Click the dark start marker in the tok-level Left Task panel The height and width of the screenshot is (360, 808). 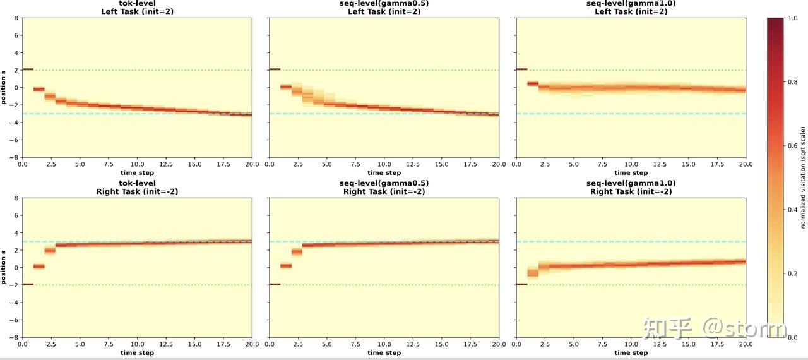pyautogui.click(x=28, y=69)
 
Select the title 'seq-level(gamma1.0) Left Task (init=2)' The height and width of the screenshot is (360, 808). pyautogui.click(x=631, y=8)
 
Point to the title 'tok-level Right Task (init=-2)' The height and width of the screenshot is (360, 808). pyautogui.click(x=136, y=188)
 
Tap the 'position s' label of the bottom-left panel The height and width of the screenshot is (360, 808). pyautogui.click(x=4, y=268)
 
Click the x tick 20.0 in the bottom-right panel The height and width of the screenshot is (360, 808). pyautogui.click(x=746, y=345)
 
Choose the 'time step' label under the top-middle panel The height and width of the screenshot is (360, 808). pyautogui.click(x=384, y=172)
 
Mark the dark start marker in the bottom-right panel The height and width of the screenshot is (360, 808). pyautogui.click(x=521, y=284)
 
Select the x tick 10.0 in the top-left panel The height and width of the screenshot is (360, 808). pyautogui.click(x=137, y=165)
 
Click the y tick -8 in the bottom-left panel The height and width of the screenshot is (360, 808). pyautogui.click(x=15, y=337)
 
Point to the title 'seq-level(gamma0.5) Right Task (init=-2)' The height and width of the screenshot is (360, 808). pyautogui.click(x=384, y=188)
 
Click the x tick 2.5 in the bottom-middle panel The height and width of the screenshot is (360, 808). pyautogui.click(x=298, y=345)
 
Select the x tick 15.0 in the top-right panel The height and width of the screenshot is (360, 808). pyautogui.click(x=689, y=165)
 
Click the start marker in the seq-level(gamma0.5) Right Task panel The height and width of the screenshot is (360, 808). pyautogui.click(x=275, y=284)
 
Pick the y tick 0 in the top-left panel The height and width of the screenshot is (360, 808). pyautogui.click(x=17, y=87)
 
